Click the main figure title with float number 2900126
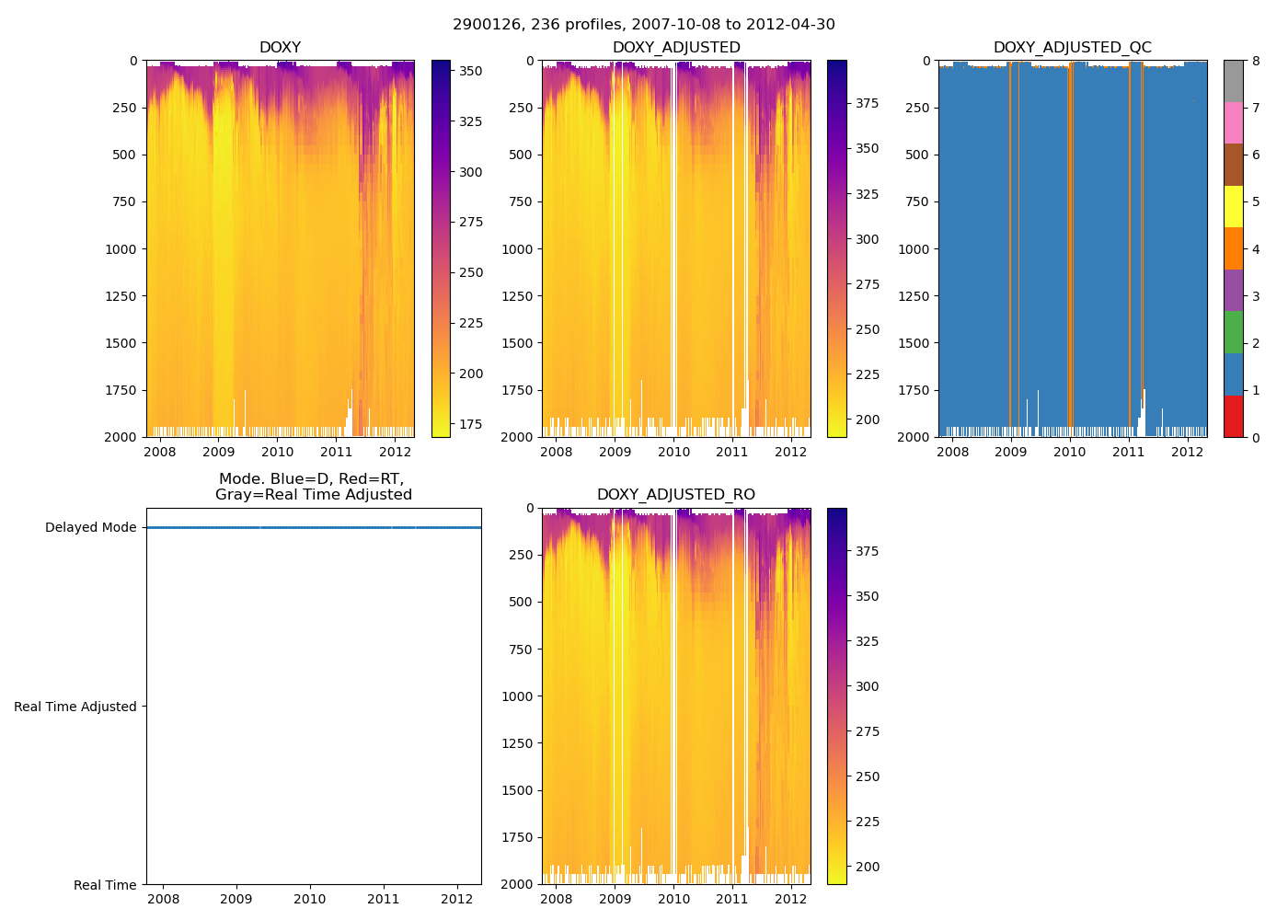(x=644, y=25)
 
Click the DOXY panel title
(x=280, y=48)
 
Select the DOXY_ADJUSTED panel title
(x=676, y=48)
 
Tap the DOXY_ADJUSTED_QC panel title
(x=1072, y=48)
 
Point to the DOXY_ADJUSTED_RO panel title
(x=676, y=495)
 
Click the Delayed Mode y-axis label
(x=90, y=528)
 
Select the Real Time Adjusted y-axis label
(x=75, y=707)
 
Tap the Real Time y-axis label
(x=105, y=885)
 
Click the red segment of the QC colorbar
(x=1233, y=416)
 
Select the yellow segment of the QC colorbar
(x=1233, y=207)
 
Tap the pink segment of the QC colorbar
(x=1233, y=123)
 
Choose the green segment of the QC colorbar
(x=1233, y=332)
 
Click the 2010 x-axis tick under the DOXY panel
(x=277, y=452)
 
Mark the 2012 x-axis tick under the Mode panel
(x=457, y=899)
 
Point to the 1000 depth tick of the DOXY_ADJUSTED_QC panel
(x=914, y=249)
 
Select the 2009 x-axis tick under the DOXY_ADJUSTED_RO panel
(x=615, y=899)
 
